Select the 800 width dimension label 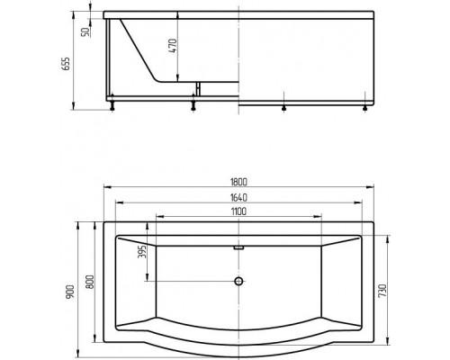[x=88, y=281]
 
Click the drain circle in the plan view [x=239, y=281]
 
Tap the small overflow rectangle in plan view [x=239, y=246]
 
